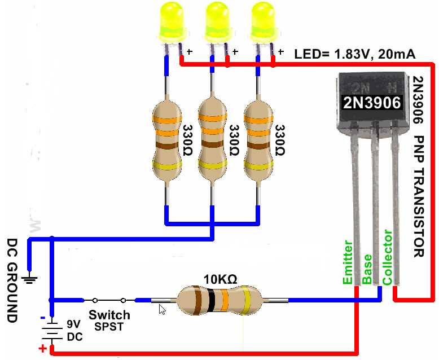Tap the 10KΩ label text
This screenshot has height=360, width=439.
(219, 279)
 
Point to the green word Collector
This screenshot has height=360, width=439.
(387, 257)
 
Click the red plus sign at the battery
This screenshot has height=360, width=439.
(42, 349)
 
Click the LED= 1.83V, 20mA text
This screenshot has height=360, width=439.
(355, 54)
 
